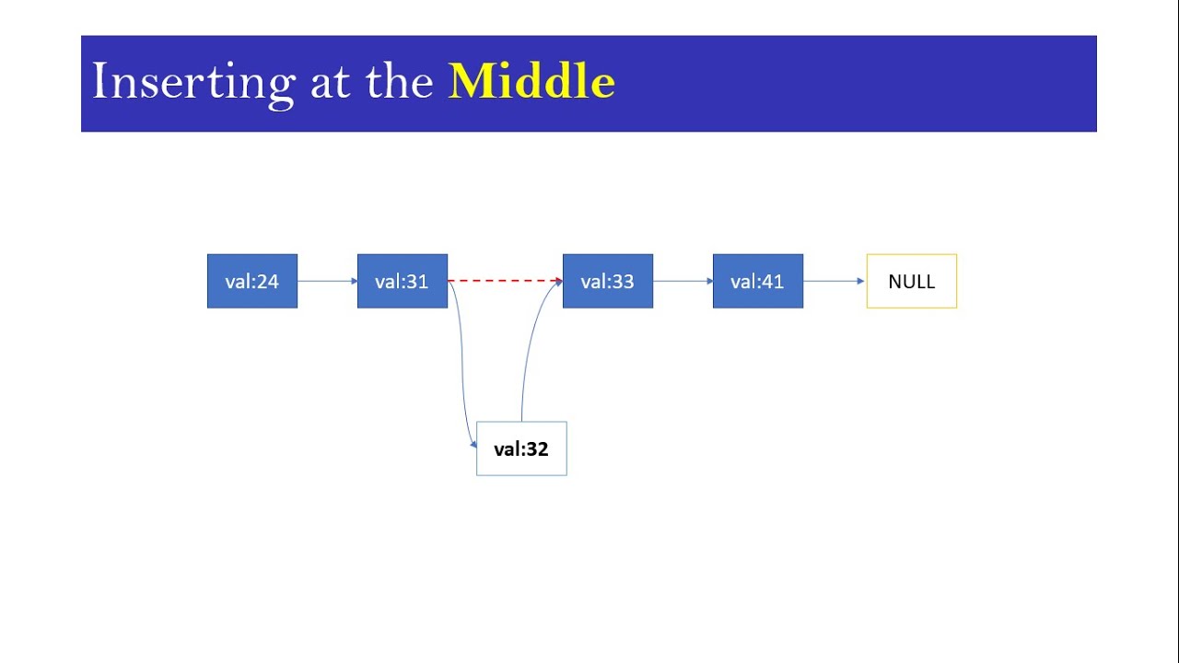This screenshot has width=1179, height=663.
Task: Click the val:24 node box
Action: pyautogui.click(x=252, y=281)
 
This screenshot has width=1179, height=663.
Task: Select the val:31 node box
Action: pyautogui.click(x=403, y=281)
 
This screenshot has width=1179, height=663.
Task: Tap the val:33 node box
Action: pyautogui.click(x=608, y=281)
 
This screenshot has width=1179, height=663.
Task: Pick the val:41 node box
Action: pyautogui.click(x=758, y=281)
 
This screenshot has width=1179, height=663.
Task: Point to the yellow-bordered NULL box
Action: pyautogui.click(x=912, y=281)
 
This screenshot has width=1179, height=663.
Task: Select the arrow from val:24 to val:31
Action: pyautogui.click(x=327, y=281)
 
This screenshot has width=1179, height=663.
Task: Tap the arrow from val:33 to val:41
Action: pyautogui.click(x=683, y=281)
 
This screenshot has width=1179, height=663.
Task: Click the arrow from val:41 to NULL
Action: pyautogui.click(x=834, y=281)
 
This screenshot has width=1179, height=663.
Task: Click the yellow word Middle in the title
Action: pyautogui.click(x=531, y=82)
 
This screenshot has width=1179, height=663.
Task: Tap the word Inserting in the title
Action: pyautogui.click(x=193, y=82)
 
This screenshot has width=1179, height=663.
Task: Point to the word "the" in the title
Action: pyautogui.click(x=400, y=82)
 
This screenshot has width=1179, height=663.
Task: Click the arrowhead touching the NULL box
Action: pyautogui.click(x=860, y=281)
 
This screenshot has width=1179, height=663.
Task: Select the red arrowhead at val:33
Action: pyautogui.click(x=558, y=280)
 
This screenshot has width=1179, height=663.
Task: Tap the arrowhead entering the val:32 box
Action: pyautogui.click(x=473, y=445)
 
